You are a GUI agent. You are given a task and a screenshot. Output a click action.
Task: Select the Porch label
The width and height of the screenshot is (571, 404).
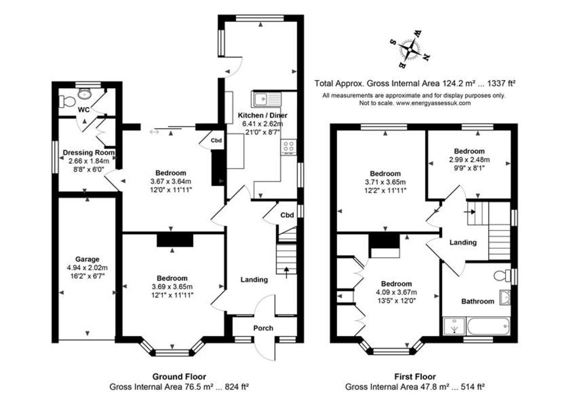(263, 328)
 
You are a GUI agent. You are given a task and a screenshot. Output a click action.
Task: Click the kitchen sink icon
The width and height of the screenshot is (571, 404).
(267, 99)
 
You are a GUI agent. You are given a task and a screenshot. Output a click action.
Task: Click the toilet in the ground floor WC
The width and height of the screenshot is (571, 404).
(66, 101)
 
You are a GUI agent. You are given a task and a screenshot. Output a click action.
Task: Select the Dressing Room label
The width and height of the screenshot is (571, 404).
(89, 153)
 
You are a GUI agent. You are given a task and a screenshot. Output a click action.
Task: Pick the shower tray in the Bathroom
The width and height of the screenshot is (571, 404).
(453, 327)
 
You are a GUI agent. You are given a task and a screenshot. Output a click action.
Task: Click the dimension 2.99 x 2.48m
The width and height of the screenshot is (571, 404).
(469, 160)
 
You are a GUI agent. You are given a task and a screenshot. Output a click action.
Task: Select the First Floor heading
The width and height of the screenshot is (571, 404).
(415, 376)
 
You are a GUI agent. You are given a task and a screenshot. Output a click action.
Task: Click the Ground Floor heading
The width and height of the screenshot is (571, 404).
(179, 376)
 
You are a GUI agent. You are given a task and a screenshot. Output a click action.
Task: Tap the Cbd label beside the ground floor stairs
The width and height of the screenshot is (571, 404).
(286, 215)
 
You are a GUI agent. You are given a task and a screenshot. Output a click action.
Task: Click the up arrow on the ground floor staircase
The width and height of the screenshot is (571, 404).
(286, 271)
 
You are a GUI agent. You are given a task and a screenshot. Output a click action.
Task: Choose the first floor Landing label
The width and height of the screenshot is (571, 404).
(463, 242)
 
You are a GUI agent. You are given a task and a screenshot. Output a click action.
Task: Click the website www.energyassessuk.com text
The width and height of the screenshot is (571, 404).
(433, 103)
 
